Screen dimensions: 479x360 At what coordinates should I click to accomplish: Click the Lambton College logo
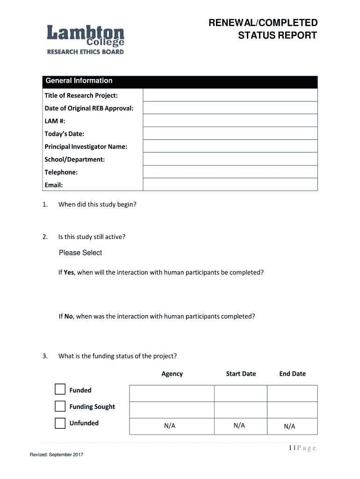pyautogui.click(x=86, y=40)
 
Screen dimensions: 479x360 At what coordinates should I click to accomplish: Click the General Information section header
pyautogui.click(x=79, y=81)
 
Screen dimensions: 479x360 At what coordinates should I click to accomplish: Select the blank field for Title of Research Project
pyautogui.click(x=230, y=95)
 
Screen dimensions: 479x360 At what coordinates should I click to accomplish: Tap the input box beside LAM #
pyautogui.click(x=230, y=121)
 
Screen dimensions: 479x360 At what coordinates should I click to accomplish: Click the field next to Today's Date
pyautogui.click(x=230, y=134)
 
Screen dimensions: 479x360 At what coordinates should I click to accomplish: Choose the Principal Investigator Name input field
pyautogui.click(x=230, y=146)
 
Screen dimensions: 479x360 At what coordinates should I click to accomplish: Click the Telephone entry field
pyautogui.click(x=230, y=172)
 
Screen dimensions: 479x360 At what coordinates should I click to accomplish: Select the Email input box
pyautogui.click(x=230, y=185)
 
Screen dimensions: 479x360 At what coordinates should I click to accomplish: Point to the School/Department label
pyautogui.click(x=74, y=160)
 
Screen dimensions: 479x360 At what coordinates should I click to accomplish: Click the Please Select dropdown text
pyautogui.click(x=80, y=253)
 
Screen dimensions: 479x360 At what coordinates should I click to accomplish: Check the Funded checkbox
pyautogui.click(x=60, y=390)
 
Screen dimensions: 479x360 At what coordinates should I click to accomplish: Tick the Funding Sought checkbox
pyautogui.click(x=60, y=406)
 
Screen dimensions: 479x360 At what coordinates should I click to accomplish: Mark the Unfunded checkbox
pyautogui.click(x=60, y=423)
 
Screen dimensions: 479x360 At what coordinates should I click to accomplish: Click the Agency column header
pyautogui.click(x=172, y=374)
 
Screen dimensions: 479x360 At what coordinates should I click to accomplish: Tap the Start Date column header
pyautogui.click(x=241, y=374)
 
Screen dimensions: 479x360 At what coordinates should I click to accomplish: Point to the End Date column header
pyautogui.click(x=292, y=374)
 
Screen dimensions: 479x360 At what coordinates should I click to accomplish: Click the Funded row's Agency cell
pyautogui.click(x=172, y=393)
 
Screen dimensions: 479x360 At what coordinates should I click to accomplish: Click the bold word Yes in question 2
pyautogui.click(x=69, y=272)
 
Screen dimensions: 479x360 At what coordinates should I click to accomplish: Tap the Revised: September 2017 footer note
pyautogui.click(x=57, y=455)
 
